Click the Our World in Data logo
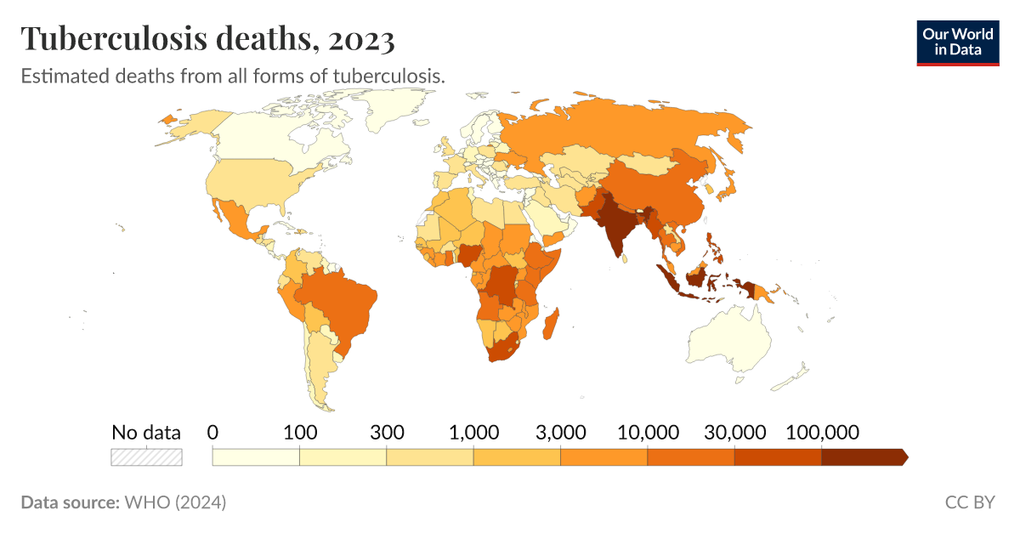[x=957, y=42]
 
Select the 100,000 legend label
[x=821, y=432]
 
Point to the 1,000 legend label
[x=473, y=432]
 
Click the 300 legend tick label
[x=387, y=432]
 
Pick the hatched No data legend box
[x=146, y=456]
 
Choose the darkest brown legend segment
[x=863, y=457]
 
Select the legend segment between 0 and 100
[x=256, y=457]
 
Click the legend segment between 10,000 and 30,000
[x=691, y=457]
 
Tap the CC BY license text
[x=969, y=502]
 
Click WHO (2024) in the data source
[x=175, y=502]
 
